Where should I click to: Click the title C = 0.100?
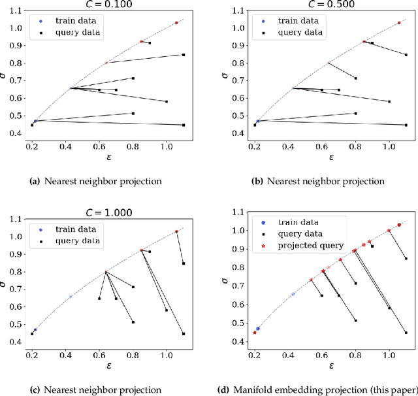tap(107, 5)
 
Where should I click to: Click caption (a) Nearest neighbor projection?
tap(97, 181)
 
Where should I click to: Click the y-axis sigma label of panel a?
tap(5, 74)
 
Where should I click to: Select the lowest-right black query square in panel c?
tap(184, 333)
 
